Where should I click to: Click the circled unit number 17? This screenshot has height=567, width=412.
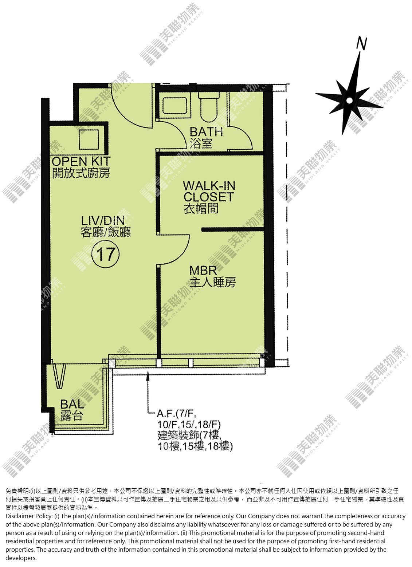pyautogui.click(x=105, y=254)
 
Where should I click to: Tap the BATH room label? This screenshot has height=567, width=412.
pyautogui.click(x=206, y=131)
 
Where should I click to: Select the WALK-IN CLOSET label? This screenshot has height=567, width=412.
pyautogui.click(x=209, y=191)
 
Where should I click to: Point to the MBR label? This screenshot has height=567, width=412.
pyautogui.click(x=203, y=270)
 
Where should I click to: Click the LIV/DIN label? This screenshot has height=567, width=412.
pyautogui.click(x=103, y=221)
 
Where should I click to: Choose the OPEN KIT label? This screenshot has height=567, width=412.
pyautogui.click(x=81, y=161)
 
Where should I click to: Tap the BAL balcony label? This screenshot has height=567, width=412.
pyautogui.click(x=72, y=404)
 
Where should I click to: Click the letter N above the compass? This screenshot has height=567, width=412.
pyautogui.click(x=361, y=43)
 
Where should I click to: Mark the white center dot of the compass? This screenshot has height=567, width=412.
pyautogui.click(x=349, y=101)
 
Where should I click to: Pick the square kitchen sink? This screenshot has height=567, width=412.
pyautogui.click(x=89, y=139)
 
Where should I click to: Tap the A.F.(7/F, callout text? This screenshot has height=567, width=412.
pyautogui.click(x=177, y=414)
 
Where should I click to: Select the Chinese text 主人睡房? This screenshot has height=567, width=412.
pyautogui.click(x=213, y=282)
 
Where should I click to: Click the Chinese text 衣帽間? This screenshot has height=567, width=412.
pyautogui.click(x=201, y=208)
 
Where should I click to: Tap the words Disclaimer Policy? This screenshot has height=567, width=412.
pyautogui.click(x=29, y=516)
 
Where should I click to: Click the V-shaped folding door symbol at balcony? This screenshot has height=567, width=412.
pyautogui.click(x=60, y=376)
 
